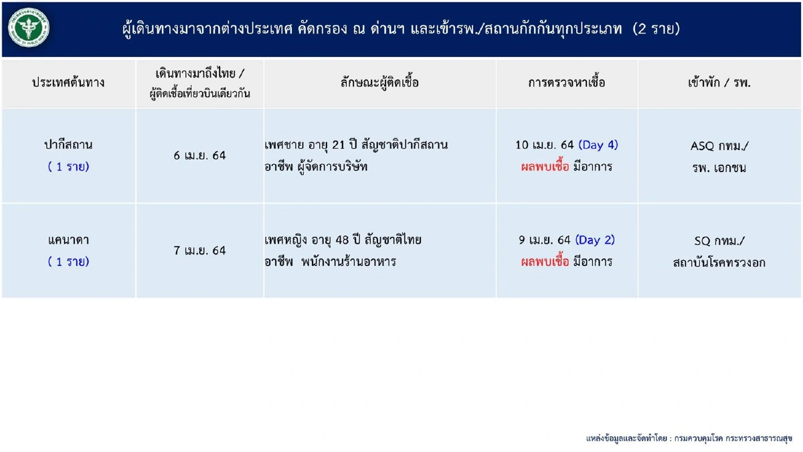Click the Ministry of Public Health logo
pos(29,29)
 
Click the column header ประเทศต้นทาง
pos(68,83)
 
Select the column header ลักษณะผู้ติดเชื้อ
pos(379,83)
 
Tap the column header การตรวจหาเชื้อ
pos(566,83)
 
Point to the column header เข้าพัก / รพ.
pos(719,83)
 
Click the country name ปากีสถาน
pos(68,145)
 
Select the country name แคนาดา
pos(68,240)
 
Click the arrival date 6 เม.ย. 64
pos(199,155)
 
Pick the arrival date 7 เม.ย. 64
pos(199,250)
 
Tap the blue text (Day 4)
pos(598,145)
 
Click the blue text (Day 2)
pos(595,240)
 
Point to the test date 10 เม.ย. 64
pos(545,145)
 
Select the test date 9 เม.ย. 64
pos(544,240)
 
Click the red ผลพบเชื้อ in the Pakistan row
pos(545,167)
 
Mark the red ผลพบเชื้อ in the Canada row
pos(545,262)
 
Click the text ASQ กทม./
pos(719,145)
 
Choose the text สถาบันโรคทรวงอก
pos(719,262)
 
